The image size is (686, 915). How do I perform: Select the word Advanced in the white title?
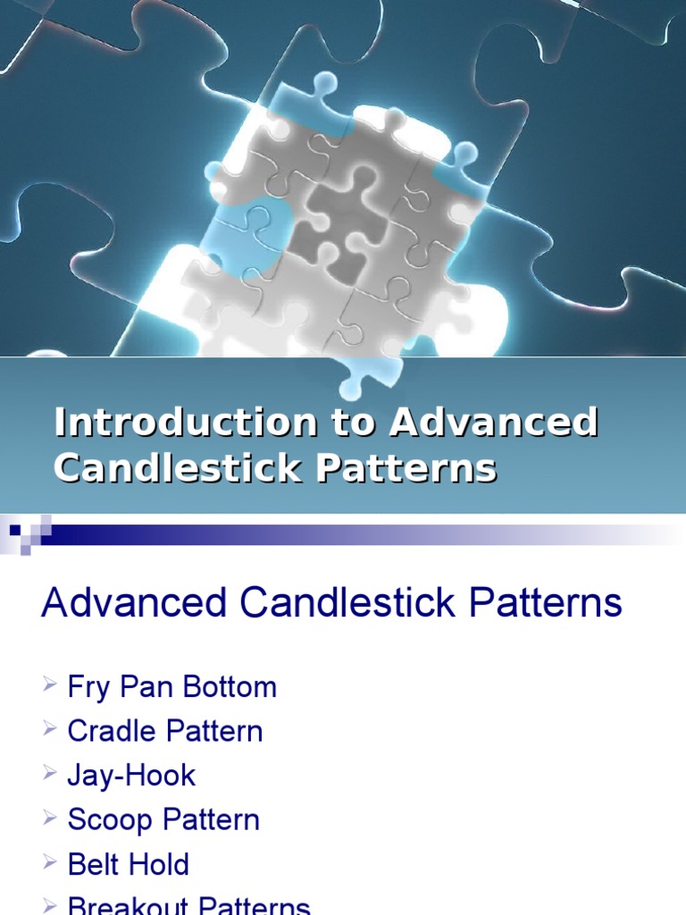[493, 423]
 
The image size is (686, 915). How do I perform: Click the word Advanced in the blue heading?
[134, 603]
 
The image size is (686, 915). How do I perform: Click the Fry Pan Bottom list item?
[171, 687]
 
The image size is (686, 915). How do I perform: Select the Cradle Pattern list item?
[164, 732]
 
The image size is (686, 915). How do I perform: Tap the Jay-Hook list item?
[131, 776]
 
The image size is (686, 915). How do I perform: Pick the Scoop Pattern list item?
[163, 820]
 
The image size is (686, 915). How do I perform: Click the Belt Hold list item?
[128, 864]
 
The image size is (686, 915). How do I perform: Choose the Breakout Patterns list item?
[188, 907]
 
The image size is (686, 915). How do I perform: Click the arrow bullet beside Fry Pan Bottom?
[49, 685]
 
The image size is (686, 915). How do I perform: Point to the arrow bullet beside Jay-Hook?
[49, 774]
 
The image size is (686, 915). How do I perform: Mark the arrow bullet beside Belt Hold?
[49, 862]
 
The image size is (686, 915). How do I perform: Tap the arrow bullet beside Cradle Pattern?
[49, 730]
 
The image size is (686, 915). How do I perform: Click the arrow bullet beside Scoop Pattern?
[49, 818]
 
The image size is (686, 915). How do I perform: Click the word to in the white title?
[353, 423]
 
